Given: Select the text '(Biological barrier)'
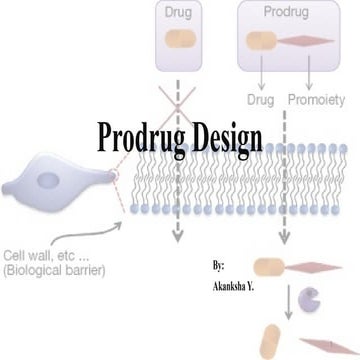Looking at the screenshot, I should [x=56, y=271].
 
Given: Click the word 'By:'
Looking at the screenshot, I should [x=219, y=266].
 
